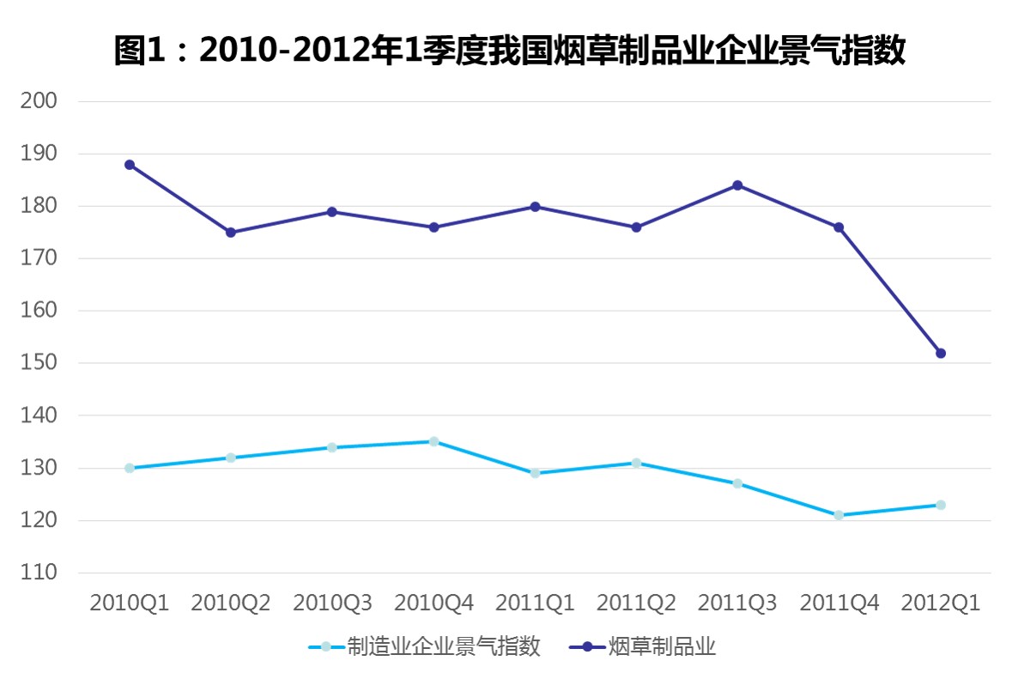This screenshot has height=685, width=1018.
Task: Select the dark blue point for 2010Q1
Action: pyautogui.click(x=130, y=165)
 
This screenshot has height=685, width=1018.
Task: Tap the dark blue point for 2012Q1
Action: pyautogui.click(x=941, y=353)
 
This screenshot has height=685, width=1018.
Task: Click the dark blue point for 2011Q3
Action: pyautogui.click(x=737, y=185)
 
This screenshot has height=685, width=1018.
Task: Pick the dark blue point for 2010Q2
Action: pyautogui.click(x=231, y=233)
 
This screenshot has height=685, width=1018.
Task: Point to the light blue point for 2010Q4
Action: pyautogui.click(x=434, y=441)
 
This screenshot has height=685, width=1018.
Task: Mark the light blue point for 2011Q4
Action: pyautogui.click(x=839, y=515)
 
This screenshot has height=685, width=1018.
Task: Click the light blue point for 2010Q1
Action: pyautogui.click(x=130, y=468)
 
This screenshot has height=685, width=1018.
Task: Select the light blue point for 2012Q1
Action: pyautogui.click(x=941, y=505)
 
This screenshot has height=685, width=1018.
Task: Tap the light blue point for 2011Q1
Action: pyautogui.click(x=536, y=473)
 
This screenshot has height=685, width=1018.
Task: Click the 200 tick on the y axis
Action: pyautogui.click(x=39, y=101)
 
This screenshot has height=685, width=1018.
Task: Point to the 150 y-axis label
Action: pyautogui.click(x=39, y=363)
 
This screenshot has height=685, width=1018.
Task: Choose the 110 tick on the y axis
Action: pyautogui.click(x=39, y=573)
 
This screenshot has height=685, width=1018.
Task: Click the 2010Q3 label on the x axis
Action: pyautogui.click(x=332, y=603)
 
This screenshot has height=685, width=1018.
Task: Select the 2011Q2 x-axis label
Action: pyautogui.click(x=636, y=603)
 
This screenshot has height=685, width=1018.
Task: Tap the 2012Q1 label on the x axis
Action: pyautogui.click(x=941, y=603)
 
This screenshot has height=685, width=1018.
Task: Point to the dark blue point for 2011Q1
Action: pyautogui.click(x=536, y=207)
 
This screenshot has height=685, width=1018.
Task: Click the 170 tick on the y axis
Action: pyautogui.click(x=39, y=258)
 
